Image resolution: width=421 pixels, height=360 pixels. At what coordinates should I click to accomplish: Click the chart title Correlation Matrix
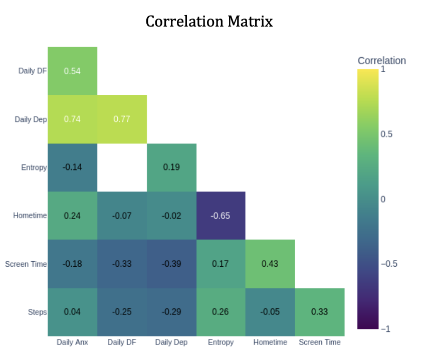tap(209, 22)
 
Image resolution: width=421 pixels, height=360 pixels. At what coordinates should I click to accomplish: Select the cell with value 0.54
tap(72, 71)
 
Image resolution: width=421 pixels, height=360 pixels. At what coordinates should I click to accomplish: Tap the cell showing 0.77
tap(122, 119)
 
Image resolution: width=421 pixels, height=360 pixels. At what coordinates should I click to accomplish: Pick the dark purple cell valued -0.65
tap(221, 216)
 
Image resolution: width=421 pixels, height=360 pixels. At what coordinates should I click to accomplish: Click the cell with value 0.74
tap(72, 119)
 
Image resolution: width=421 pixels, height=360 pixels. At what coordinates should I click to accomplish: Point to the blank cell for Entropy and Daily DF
tap(122, 167)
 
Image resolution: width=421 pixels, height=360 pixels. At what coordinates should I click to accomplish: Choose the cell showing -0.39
tap(171, 264)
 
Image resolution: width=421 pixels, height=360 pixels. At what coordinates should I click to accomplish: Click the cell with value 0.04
tap(72, 312)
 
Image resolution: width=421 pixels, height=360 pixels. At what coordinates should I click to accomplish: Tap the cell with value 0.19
tap(171, 167)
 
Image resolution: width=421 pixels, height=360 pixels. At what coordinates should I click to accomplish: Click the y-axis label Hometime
tap(30, 216)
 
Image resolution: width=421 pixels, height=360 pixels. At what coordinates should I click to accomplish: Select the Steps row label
tap(37, 312)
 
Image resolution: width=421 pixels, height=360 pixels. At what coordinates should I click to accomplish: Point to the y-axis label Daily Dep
tap(32, 119)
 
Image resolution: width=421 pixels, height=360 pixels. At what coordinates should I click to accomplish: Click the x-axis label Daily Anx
tap(72, 342)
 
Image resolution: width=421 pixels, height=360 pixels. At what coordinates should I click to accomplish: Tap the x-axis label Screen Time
tap(319, 342)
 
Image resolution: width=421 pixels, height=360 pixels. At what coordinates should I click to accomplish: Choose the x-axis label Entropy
tap(221, 342)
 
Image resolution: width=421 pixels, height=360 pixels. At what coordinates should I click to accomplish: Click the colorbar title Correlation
tap(381, 61)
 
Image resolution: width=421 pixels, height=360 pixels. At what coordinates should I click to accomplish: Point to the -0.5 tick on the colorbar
tap(389, 264)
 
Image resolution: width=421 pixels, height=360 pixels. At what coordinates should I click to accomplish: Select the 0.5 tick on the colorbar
tap(386, 134)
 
